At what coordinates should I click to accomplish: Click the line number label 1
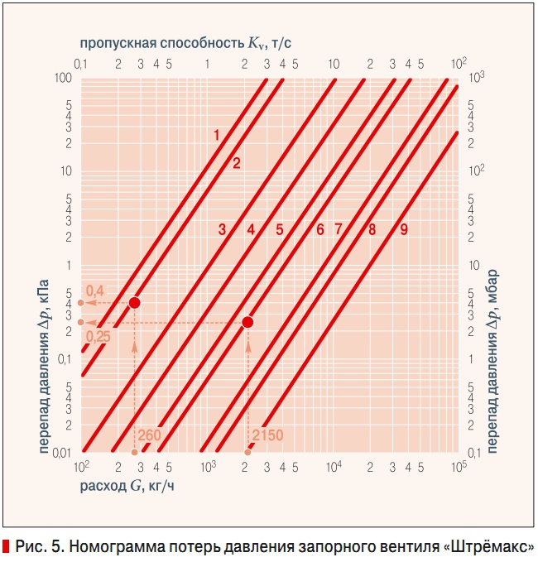pyautogui.click(x=216, y=134)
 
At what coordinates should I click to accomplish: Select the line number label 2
pyautogui.click(x=236, y=163)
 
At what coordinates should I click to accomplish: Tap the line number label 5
pyautogui.click(x=281, y=229)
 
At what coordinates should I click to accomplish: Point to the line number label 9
pyautogui.click(x=404, y=229)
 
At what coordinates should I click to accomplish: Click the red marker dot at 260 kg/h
pyautogui.click(x=134, y=303)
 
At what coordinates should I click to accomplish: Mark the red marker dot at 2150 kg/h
pyautogui.click(x=247, y=322)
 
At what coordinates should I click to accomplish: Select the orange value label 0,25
pyautogui.click(x=98, y=337)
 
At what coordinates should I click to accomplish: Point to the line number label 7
pyautogui.click(x=339, y=229)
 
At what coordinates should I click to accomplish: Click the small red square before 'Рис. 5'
pyautogui.click(x=6, y=546)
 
